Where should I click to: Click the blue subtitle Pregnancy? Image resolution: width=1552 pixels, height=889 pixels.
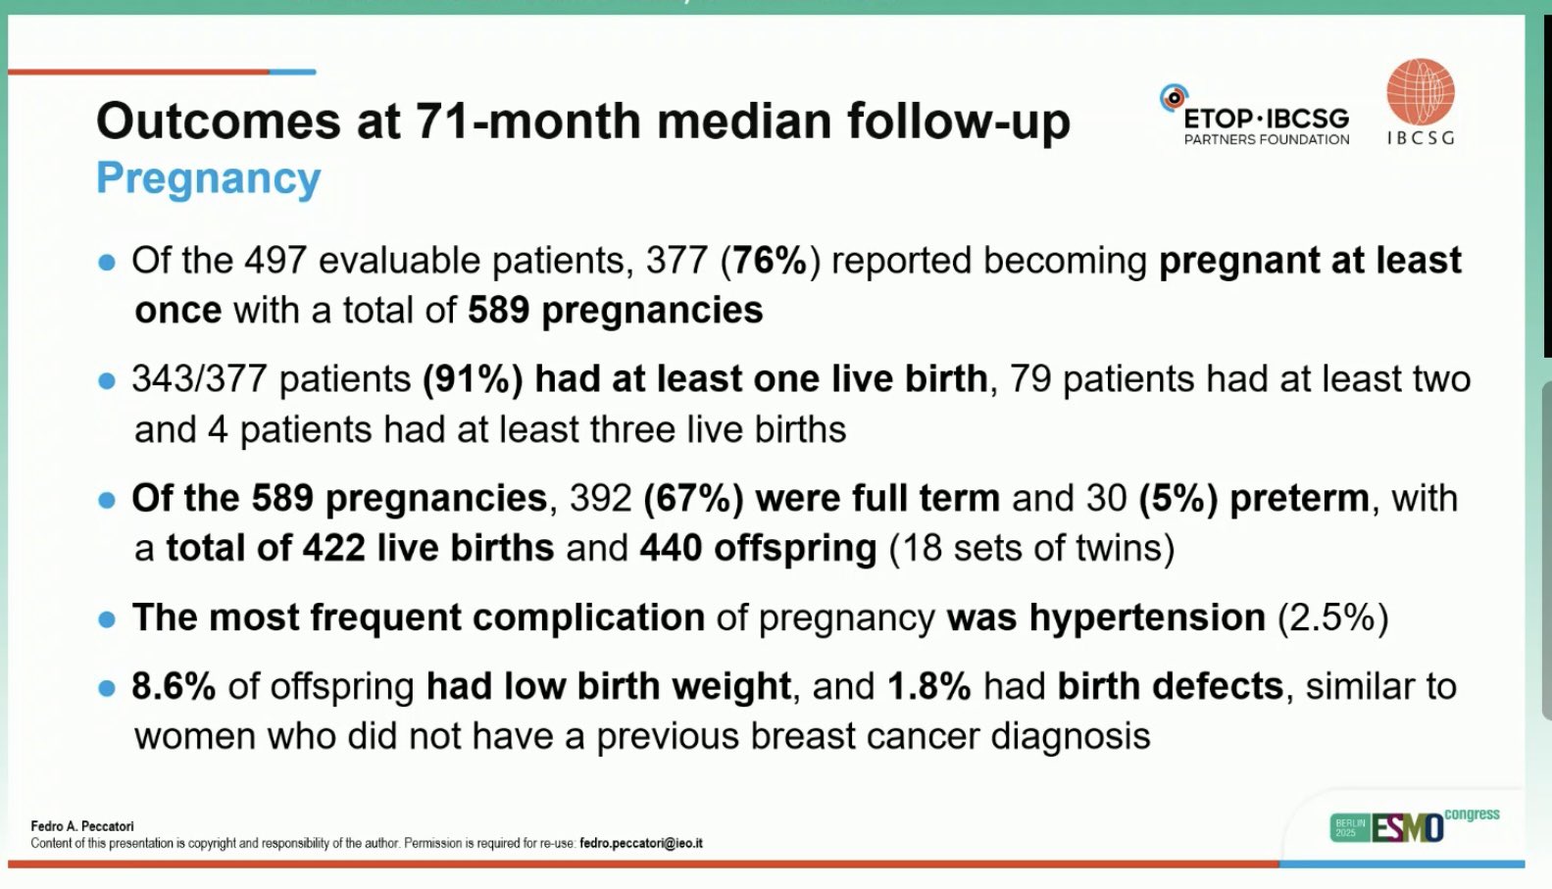tap(209, 178)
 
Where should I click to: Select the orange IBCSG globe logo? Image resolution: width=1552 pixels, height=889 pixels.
tap(1421, 92)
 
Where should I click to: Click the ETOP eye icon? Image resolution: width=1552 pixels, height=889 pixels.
tap(1174, 98)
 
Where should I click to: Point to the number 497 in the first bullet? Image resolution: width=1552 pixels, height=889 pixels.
tap(275, 261)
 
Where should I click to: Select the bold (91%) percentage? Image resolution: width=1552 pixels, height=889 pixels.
tap(473, 379)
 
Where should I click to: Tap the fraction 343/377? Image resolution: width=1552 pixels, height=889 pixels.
tap(200, 379)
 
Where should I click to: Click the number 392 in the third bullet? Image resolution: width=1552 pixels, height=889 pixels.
tap(601, 498)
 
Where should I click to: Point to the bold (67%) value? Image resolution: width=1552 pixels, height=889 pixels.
tap(693, 498)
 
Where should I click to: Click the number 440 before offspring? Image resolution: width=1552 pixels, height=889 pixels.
tap(671, 548)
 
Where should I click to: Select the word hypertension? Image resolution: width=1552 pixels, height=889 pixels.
tap(1147, 618)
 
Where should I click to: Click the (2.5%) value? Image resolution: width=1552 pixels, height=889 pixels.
tap(1333, 617)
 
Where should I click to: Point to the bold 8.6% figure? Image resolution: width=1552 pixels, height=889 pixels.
tap(174, 686)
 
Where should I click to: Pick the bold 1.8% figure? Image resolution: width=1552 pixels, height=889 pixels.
tap(929, 686)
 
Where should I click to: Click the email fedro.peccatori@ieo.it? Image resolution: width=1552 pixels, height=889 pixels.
tap(641, 843)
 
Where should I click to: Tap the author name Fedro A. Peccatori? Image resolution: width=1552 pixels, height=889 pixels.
tap(82, 826)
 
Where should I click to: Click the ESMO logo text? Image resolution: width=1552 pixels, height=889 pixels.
tap(1408, 827)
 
